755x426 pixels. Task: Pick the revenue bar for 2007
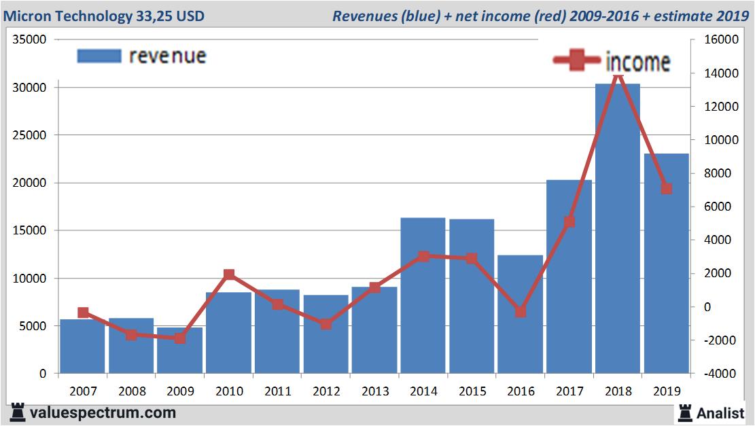[82, 347]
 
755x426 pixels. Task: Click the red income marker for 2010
[228, 274]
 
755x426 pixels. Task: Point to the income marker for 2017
[569, 221]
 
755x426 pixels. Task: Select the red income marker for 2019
[667, 189]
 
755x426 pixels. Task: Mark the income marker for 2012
[326, 324]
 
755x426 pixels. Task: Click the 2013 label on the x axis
[374, 392]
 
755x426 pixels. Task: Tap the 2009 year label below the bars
[180, 392]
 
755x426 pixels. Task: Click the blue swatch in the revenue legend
[99, 56]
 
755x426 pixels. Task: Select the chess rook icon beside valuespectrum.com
[18, 412]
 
